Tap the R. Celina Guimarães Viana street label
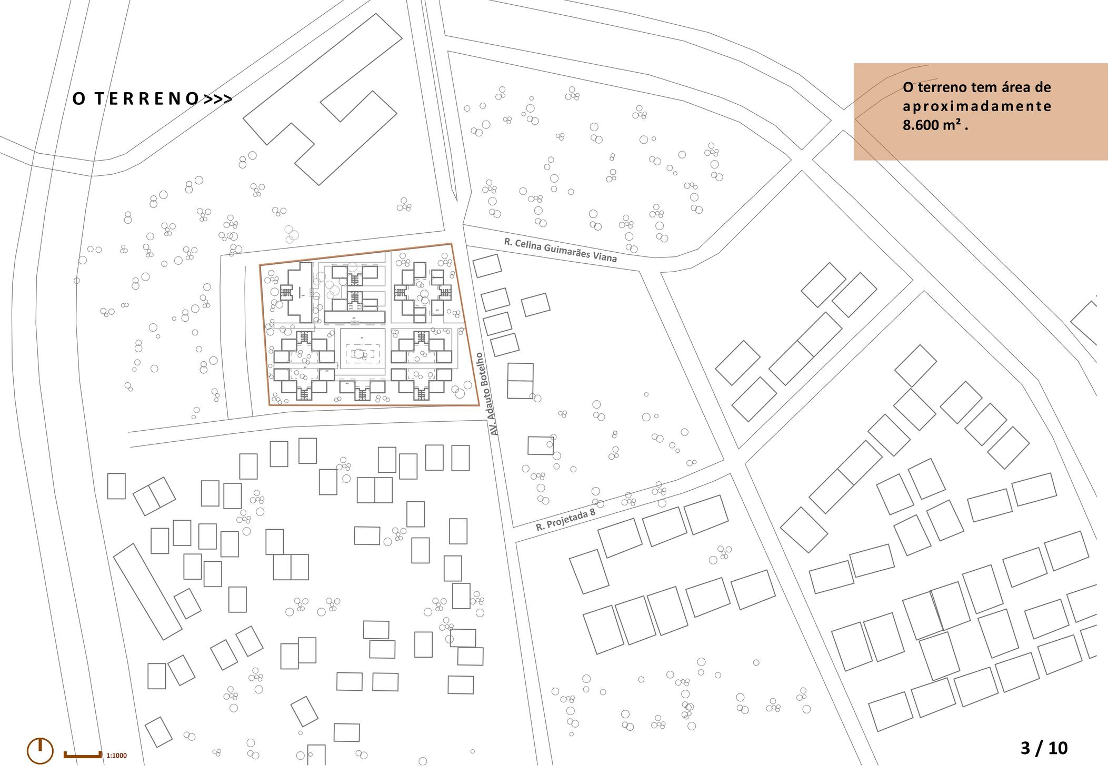(x=560, y=250)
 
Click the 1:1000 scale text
(x=116, y=756)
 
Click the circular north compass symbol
(x=40, y=750)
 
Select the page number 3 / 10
(x=1044, y=748)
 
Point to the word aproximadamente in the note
(x=977, y=106)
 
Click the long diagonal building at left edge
(x=147, y=591)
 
